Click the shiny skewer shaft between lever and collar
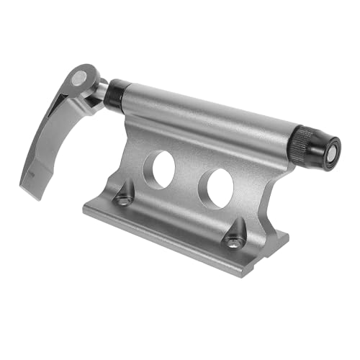pos(104,87)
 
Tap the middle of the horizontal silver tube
pos(209,115)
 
